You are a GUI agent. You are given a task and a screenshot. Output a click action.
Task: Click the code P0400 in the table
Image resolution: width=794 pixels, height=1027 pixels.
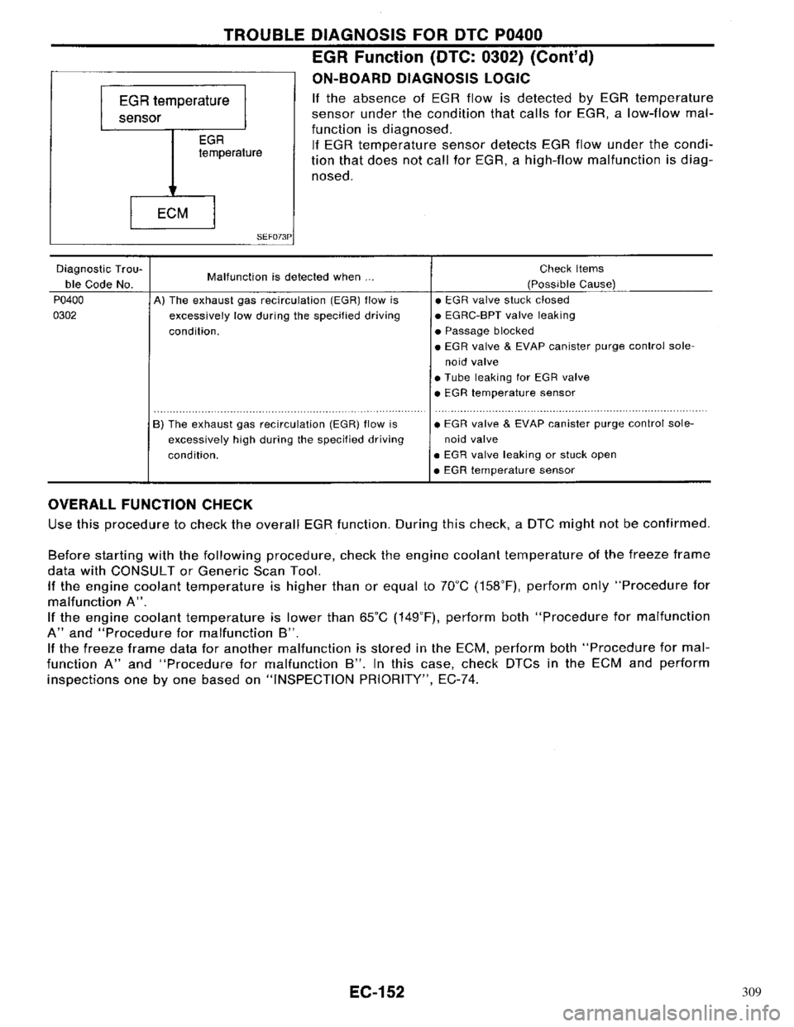(69, 301)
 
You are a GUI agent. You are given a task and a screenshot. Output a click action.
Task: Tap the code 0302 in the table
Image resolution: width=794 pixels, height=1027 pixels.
(66, 315)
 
